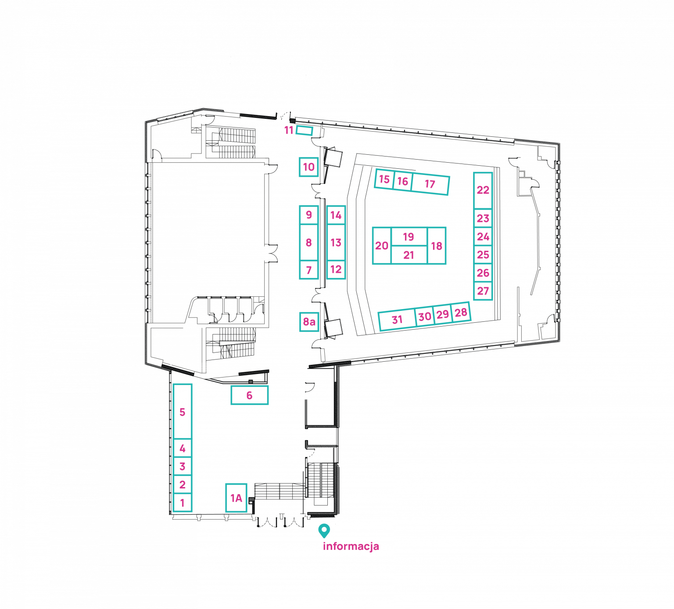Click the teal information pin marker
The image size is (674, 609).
[324, 531]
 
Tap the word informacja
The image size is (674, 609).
[351, 546]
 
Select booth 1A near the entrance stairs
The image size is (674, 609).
[236, 498]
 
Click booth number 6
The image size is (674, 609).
[250, 395]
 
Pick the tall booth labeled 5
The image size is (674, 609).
[183, 412]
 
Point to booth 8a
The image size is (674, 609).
[309, 322]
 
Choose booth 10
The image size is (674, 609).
[309, 167]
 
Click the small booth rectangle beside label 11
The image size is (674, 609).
[304, 130]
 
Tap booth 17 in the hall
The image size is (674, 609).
[430, 184]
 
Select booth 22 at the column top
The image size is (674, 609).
[483, 191]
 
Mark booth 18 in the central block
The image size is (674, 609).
[437, 246]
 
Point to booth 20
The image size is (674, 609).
[382, 246]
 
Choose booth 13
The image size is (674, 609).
[336, 242]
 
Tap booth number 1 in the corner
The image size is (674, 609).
[183, 502]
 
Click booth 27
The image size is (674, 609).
[483, 291]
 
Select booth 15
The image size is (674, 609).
[384, 179]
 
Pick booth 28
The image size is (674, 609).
[461, 312]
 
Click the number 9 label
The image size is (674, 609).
[309, 215]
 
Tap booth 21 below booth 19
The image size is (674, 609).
[409, 255]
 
